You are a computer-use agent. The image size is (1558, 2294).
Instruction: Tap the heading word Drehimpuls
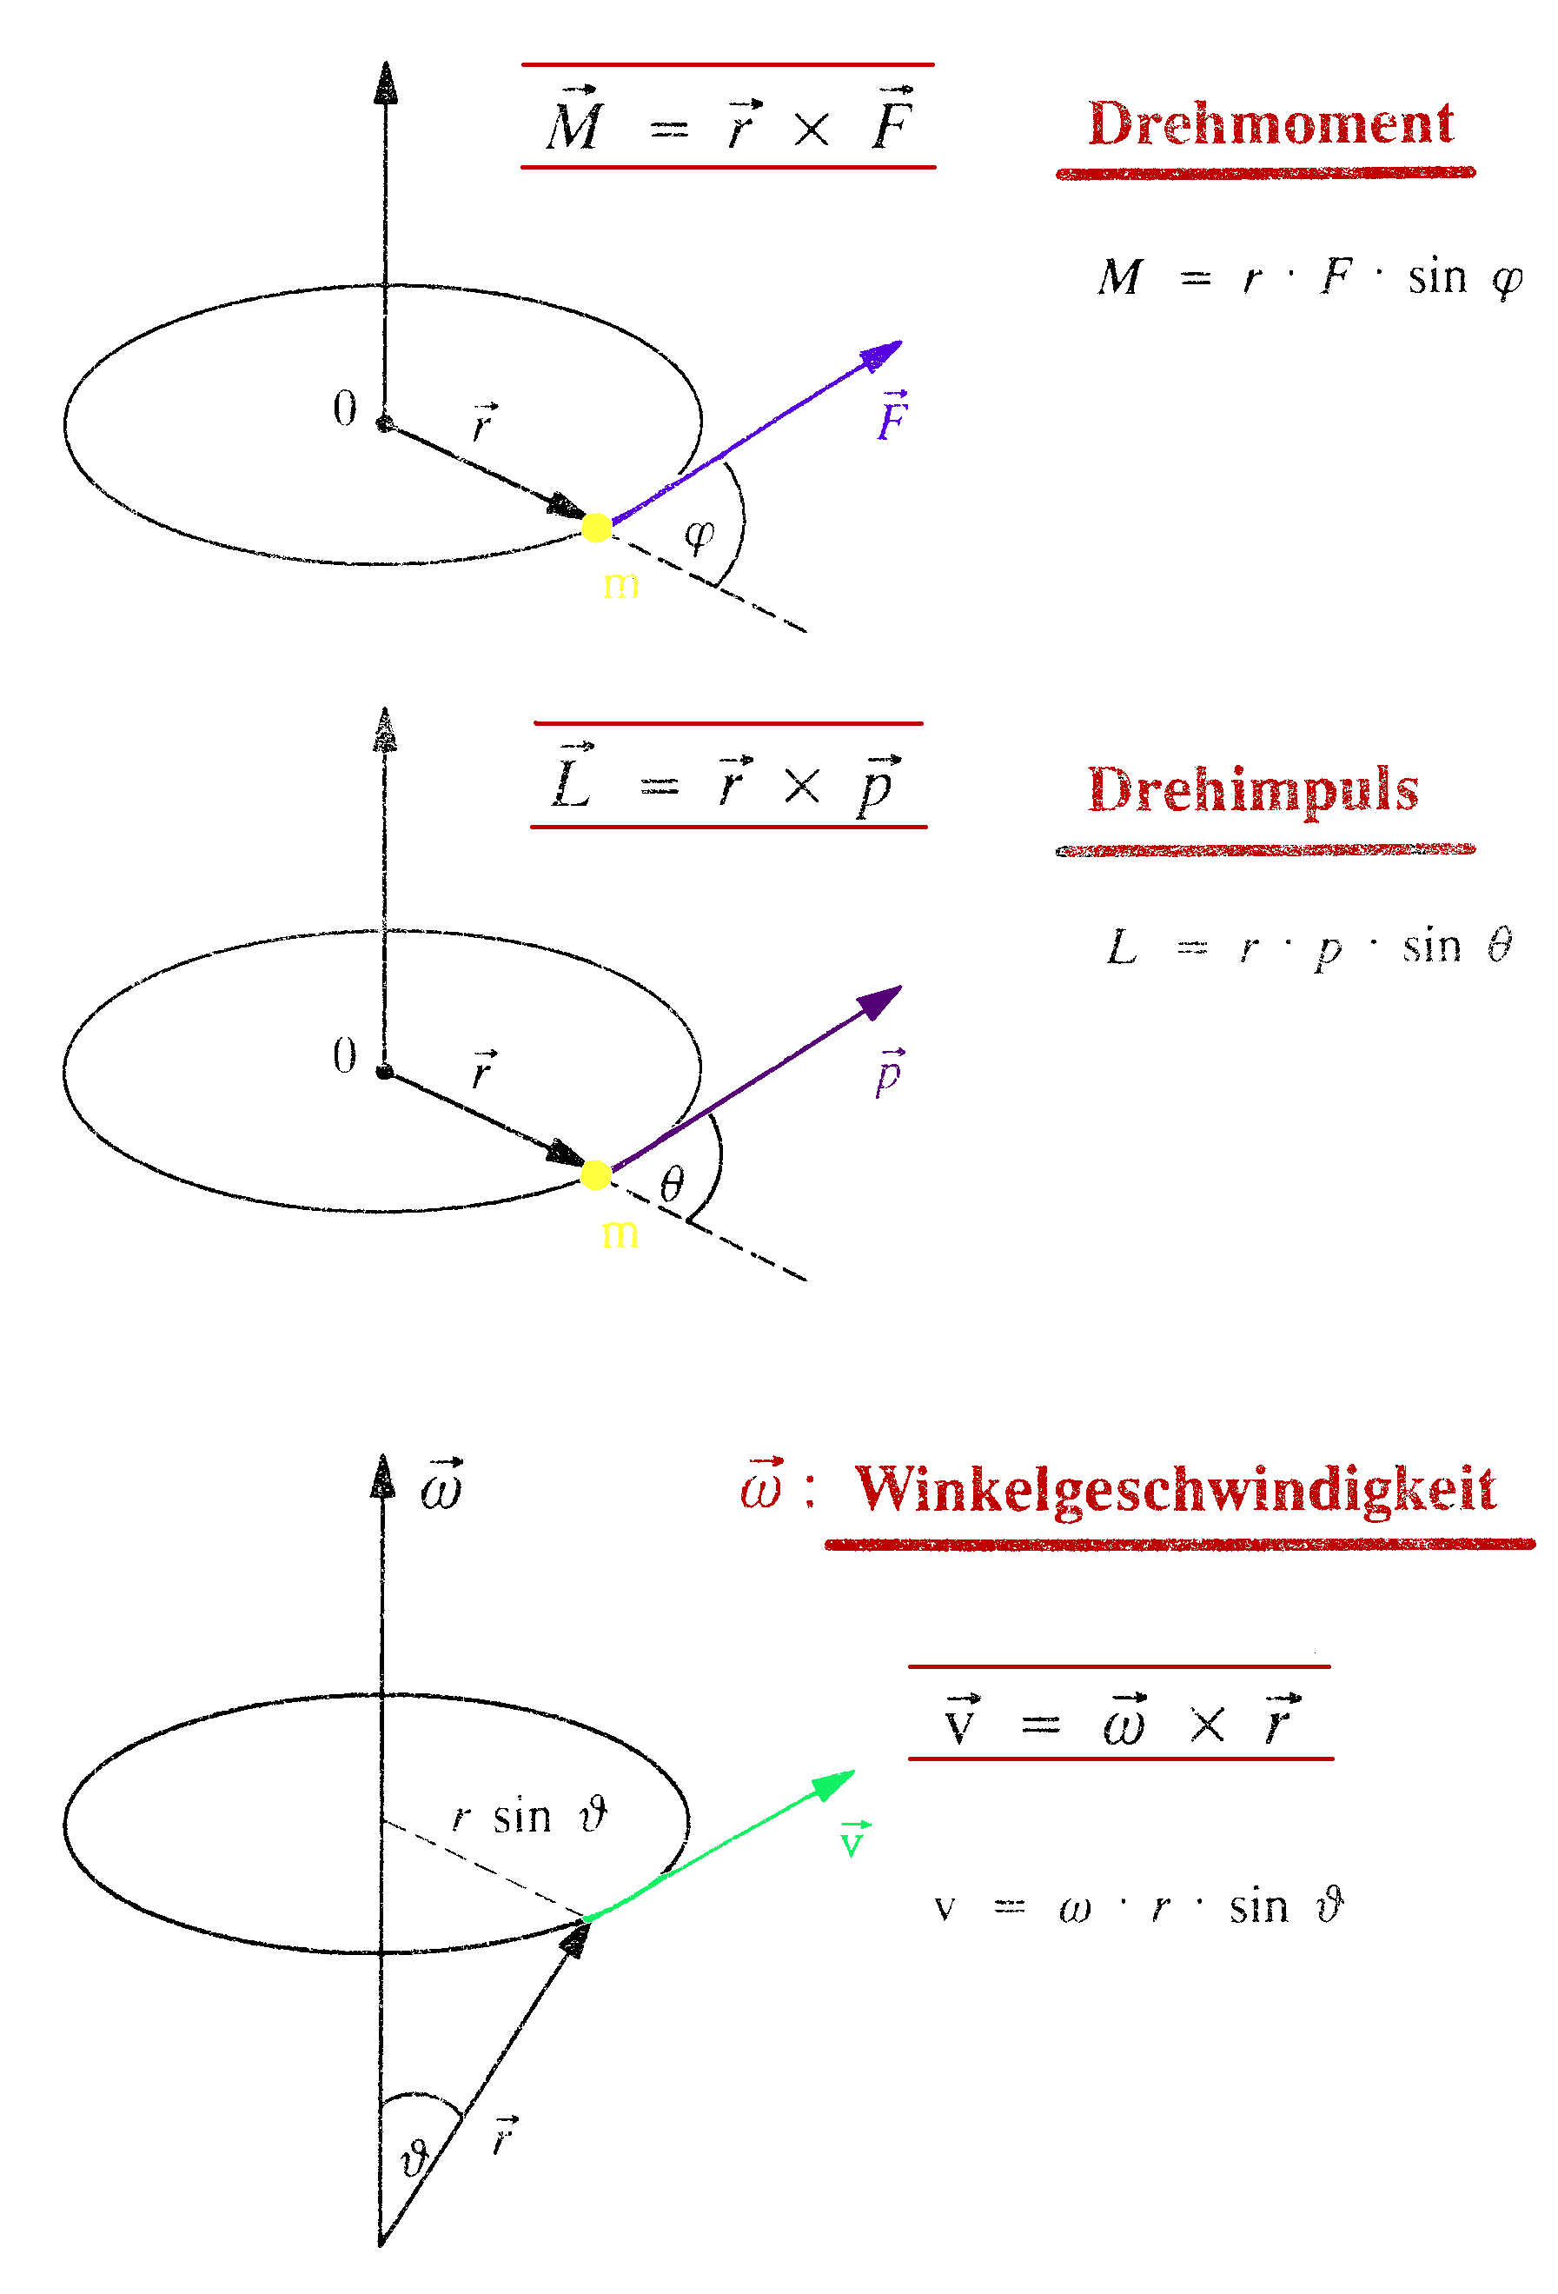pyautogui.click(x=1252, y=792)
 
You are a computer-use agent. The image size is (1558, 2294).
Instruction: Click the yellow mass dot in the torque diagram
pyautogui.click(x=596, y=529)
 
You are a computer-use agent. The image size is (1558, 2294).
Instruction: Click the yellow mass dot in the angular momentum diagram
pyautogui.click(x=596, y=1174)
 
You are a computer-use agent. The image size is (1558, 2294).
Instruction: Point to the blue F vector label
pyautogui.click(x=892, y=416)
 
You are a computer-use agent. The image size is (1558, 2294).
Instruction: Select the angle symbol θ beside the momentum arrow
pyautogui.click(x=672, y=1184)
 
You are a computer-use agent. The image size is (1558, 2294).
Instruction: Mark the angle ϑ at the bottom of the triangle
pyautogui.click(x=414, y=2158)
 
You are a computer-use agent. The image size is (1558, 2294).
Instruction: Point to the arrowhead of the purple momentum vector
pyautogui.click(x=881, y=1000)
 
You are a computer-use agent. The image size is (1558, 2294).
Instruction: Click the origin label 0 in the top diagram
pyautogui.click(x=344, y=408)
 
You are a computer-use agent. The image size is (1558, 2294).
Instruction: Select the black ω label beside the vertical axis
pyautogui.click(x=441, y=1486)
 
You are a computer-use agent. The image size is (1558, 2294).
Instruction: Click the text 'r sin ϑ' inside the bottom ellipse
pyautogui.click(x=530, y=1816)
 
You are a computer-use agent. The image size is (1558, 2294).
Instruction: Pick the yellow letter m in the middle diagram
pyautogui.click(x=620, y=1233)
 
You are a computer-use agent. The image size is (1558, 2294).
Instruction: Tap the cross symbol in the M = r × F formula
pyautogui.click(x=811, y=130)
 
